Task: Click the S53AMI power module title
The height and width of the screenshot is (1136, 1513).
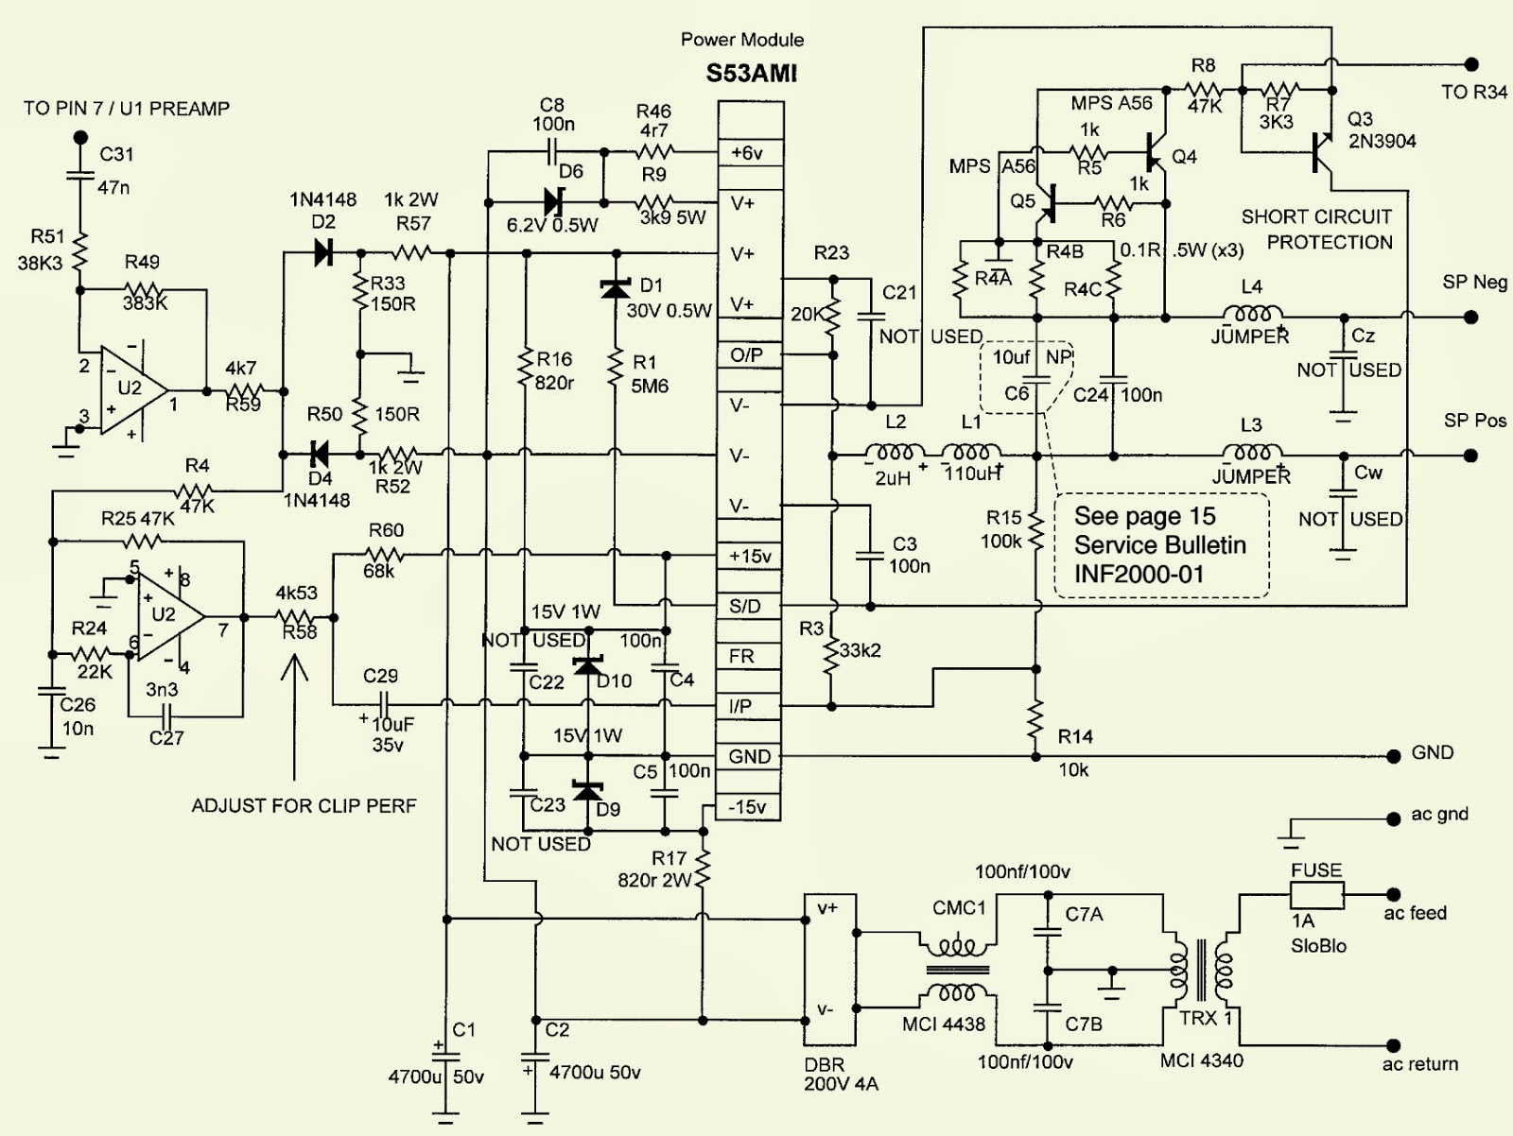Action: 751,74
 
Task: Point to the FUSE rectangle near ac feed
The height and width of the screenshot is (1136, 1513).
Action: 1316,893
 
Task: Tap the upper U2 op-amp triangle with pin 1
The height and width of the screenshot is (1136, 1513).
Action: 132,389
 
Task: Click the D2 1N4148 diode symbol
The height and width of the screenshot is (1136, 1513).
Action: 323,253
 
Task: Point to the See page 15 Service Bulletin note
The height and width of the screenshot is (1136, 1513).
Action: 1161,545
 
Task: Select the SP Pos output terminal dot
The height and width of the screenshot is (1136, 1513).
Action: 1471,456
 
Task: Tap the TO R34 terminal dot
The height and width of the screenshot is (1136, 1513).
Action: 1471,64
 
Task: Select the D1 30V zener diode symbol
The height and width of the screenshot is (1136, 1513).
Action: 616,288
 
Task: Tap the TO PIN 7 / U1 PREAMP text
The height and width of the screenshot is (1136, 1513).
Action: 127,109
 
